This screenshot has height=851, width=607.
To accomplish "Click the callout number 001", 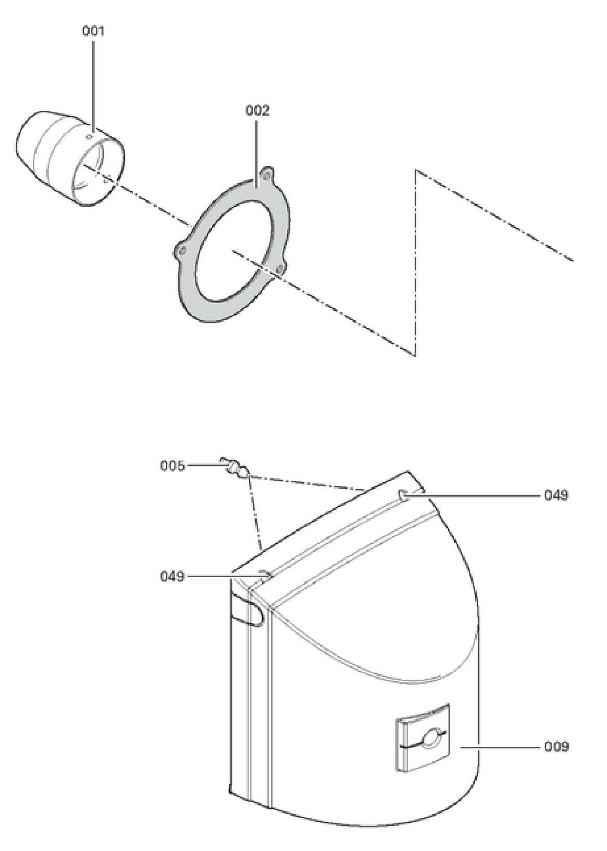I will click(93, 31).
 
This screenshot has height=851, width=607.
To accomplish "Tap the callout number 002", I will click(257, 111).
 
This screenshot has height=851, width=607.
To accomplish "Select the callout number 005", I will click(172, 466).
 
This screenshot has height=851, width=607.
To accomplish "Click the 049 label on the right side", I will click(556, 496).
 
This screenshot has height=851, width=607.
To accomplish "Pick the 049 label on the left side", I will click(172, 576).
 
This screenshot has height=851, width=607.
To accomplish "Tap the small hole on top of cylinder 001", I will click(89, 137).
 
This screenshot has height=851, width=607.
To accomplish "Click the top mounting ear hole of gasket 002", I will click(267, 175).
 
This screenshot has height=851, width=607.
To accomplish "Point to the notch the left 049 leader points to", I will click(264, 574).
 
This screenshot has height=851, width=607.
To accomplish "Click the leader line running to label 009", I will click(499, 747).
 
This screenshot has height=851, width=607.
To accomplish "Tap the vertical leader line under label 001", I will click(93, 82).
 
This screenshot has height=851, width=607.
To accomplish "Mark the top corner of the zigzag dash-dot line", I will click(416, 171).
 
